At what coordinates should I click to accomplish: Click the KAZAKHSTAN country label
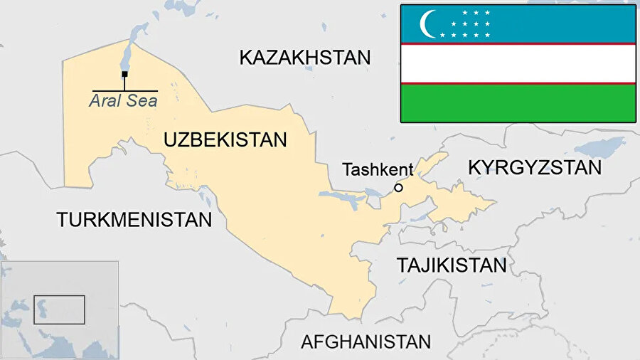[305, 58]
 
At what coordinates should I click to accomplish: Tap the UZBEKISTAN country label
[225, 139]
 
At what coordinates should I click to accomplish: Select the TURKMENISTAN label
[134, 219]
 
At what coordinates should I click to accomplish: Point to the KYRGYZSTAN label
[535, 167]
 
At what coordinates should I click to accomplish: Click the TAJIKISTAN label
[452, 265]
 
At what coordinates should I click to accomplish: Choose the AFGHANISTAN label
[366, 342]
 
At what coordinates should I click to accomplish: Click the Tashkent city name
[378, 169]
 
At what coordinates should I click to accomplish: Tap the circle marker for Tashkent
[398, 188]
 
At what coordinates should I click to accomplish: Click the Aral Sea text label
[123, 101]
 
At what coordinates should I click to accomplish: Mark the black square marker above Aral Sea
[124, 74]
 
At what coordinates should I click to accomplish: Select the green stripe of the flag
[518, 103]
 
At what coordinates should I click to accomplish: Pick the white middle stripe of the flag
[518, 63]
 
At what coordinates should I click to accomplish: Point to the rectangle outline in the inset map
[59, 309]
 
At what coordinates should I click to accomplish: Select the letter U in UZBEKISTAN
[170, 139]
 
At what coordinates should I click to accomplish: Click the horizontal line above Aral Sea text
[124, 90]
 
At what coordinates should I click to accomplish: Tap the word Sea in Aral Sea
[141, 101]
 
